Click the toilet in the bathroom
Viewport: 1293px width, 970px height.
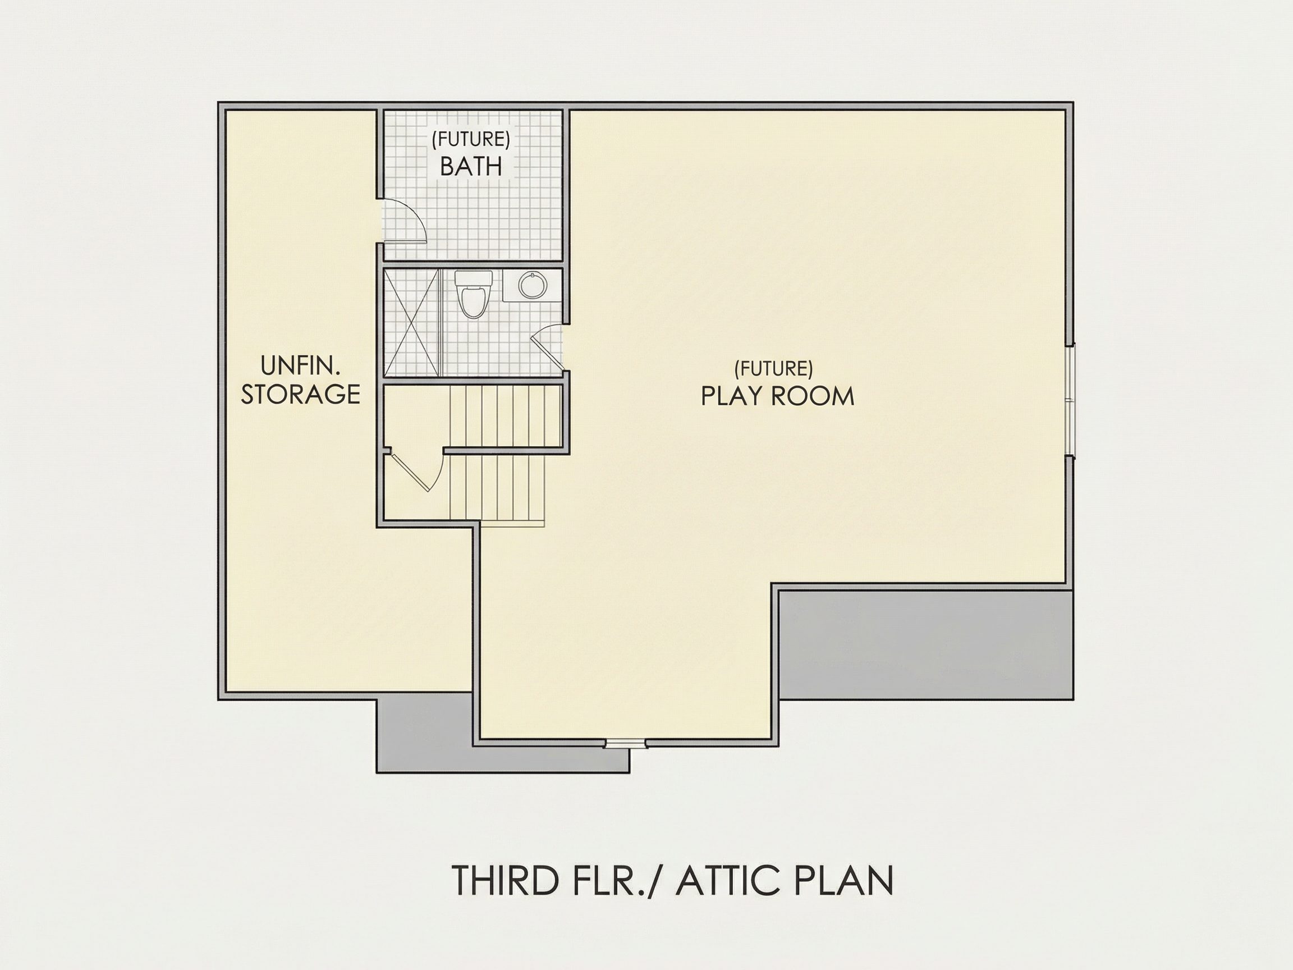[x=473, y=294]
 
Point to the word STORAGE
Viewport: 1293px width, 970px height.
[x=300, y=395]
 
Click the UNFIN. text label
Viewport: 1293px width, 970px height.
[x=300, y=367]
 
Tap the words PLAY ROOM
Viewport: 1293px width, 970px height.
[x=777, y=396]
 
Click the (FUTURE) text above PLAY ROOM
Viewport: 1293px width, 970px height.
[x=773, y=368]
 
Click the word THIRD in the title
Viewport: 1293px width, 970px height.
[x=505, y=896]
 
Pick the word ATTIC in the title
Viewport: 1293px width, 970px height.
[x=730, y=896]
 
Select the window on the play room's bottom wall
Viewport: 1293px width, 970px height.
[x=626, y=744]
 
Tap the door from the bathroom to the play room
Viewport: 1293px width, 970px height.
[x=548, y=349]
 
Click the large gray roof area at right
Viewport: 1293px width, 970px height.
[x=927, y=644]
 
